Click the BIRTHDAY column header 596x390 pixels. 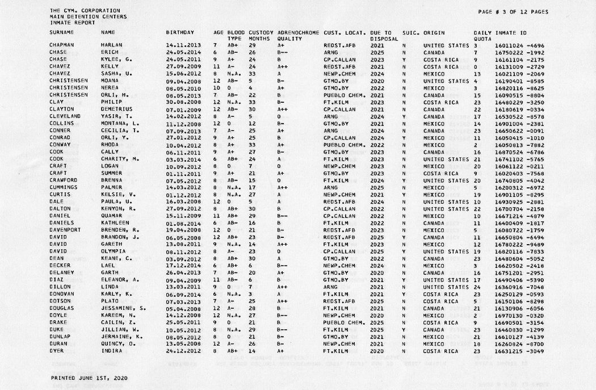179,32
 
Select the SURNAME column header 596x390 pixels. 60,32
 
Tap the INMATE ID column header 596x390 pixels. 503,32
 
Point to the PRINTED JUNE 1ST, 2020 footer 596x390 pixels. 89,377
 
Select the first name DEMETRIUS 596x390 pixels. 119,109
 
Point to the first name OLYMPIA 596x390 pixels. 114,251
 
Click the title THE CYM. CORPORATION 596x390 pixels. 85,10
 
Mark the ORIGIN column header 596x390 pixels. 434,32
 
